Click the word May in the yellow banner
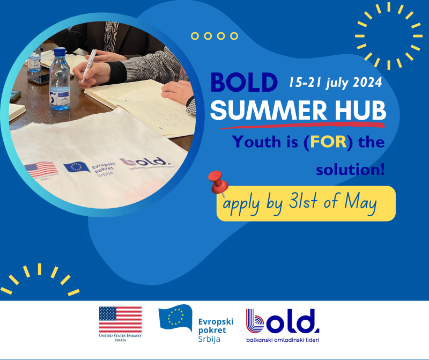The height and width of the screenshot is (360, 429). coord(361,204)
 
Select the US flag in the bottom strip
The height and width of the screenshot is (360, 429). coord(121,320)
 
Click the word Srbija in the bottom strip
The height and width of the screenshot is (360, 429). coord(210,339)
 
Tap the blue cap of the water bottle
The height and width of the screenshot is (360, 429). coord(60,52)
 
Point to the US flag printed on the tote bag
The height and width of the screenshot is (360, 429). coord(41,169)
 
